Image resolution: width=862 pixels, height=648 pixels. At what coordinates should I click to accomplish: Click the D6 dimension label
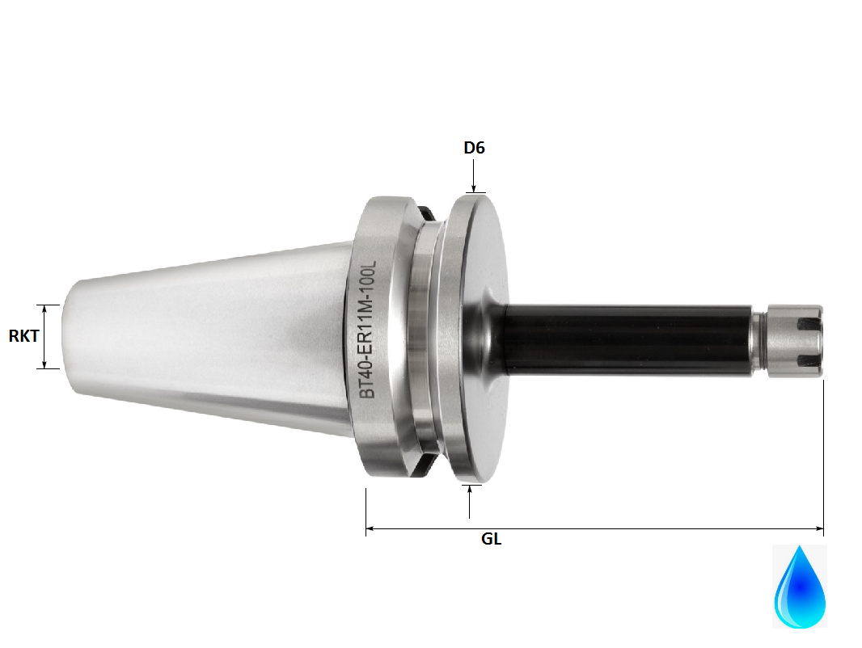click(x=474, y=148)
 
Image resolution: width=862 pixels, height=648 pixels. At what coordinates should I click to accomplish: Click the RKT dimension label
click(x=23, y=336)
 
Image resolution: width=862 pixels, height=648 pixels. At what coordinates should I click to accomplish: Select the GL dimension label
click(x=491, y=540)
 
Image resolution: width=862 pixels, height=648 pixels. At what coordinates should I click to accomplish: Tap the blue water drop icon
click(x=800, y=587)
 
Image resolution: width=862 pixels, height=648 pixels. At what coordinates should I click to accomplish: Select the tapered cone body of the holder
click(x=218, y=336)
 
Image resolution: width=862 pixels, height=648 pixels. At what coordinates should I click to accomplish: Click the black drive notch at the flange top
click(x=426, y=212)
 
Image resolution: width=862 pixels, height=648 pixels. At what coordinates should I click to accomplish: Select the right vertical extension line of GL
click(x=823, y=452)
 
